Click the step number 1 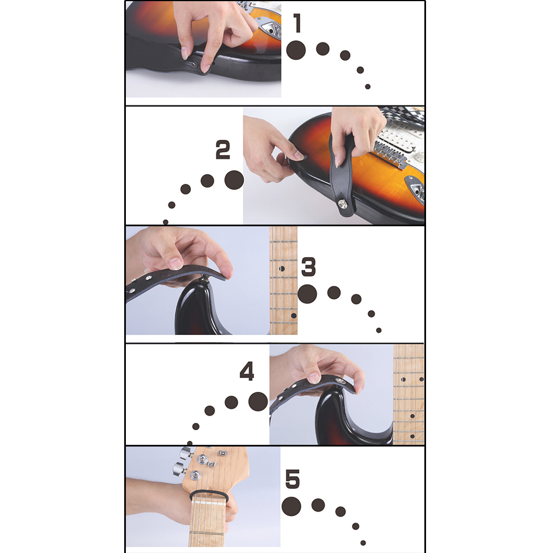point(297,23)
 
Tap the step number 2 point(222,150)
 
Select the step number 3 point(309,267)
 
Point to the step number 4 point(247,371)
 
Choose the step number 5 point(293,479)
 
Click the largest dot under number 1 point(296,50)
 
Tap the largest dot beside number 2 point(234,180)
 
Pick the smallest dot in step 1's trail point(368,87)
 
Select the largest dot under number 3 point(307,294)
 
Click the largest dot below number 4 point(258,401)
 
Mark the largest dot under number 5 point(291,507)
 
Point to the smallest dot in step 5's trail point(363,543)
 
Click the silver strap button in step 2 point(342,204)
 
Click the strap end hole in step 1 point(193,64)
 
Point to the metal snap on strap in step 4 point(341,381)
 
